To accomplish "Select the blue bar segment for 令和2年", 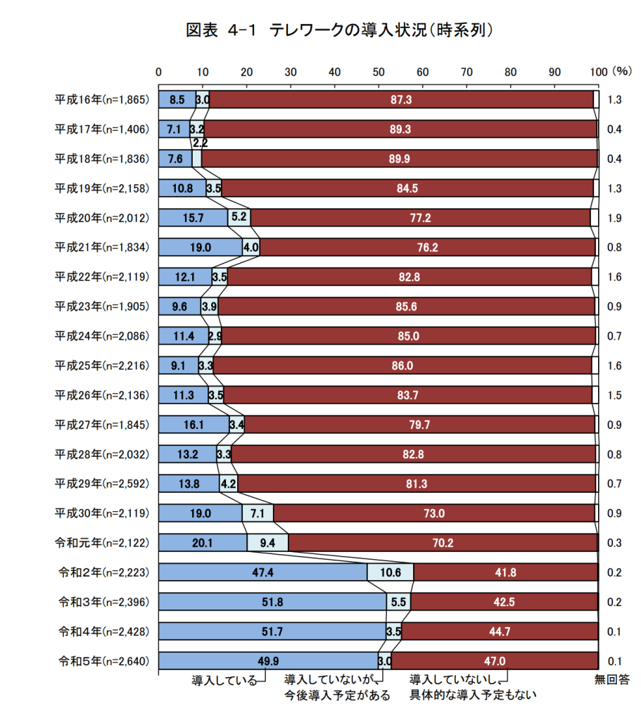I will pyautogui.click(x=262, y=572).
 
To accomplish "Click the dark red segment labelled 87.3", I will pyautogui.click(x=401, y=100).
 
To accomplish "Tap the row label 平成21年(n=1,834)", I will pyautogui.click(x=103, y=247).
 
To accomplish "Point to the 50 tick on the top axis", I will pyautogui.click(x=379, y=71).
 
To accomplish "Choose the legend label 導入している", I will pyautogui.click(x=224, y=680).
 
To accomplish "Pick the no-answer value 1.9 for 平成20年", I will pyautogui.click(x=614, y=218).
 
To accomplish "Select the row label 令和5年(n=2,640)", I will pyautogui.click(x=103, y=661).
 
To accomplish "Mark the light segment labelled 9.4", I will pyautogui.click(x=267, y=543).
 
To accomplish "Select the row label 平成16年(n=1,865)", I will pyautogui.click(x=103, y=100).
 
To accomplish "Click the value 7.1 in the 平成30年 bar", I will pyautogui.click(x=258, y=513).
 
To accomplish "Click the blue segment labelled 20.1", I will pyautogui.click(x=203, y=543).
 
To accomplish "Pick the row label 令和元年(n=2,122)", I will pyautogui.click(x=103, y=543).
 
